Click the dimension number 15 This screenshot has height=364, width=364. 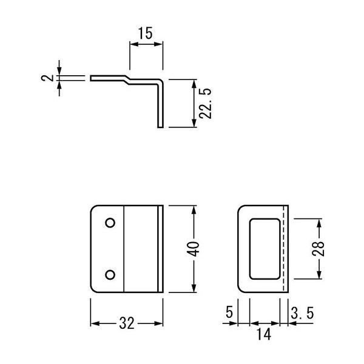[x=146, y=33]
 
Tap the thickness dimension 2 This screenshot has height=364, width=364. [x=47, y=78]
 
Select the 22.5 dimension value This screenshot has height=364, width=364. [x=206, y=104]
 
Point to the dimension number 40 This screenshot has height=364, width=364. [x=193, y=249]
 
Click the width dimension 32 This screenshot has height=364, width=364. [x=127, y=323]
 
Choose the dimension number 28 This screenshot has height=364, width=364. [x=318, y=249]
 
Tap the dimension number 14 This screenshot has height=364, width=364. [x=264, y=334]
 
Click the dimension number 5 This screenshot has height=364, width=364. [x=229, y=312]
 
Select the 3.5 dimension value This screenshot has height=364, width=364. [x=302, y=312]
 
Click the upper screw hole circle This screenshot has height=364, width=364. [x=110, y=223]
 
